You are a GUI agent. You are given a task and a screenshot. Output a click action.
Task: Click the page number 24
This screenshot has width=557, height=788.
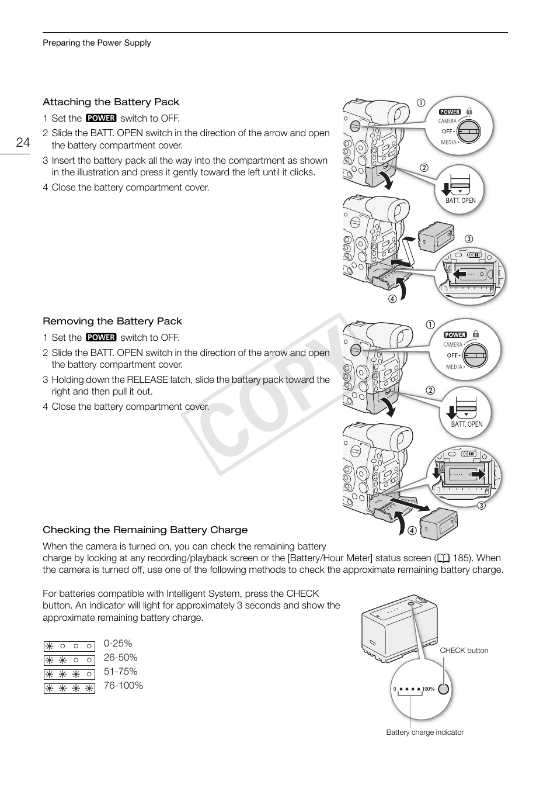23,143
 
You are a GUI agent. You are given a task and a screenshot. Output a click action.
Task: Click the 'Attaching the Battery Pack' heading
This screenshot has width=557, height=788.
111,102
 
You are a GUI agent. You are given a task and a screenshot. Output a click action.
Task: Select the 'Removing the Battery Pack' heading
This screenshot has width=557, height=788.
112,322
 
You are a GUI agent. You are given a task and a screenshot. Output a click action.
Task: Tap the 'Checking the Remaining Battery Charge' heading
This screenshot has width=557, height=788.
145,530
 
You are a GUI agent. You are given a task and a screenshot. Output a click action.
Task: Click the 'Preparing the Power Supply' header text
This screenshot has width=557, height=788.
96,43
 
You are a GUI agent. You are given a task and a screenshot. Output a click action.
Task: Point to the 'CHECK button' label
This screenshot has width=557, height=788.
464,651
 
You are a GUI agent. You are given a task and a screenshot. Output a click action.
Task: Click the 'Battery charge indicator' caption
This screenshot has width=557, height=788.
424,732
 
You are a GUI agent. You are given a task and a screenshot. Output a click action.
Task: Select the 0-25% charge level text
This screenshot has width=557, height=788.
118,644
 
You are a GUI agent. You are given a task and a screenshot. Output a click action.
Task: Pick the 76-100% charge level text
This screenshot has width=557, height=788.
123,686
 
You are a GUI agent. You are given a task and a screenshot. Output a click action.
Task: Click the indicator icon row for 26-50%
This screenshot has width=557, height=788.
69,661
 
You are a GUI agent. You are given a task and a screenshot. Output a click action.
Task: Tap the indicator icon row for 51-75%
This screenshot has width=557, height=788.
69,675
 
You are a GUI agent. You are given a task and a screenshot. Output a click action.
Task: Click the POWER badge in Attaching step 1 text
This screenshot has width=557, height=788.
101,118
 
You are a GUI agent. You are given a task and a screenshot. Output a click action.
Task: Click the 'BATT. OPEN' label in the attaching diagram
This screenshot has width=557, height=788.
461,201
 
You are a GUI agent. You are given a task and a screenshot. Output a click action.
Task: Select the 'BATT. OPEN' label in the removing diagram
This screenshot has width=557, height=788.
467,424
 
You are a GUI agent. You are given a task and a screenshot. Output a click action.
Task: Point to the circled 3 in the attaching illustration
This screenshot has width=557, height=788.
468,239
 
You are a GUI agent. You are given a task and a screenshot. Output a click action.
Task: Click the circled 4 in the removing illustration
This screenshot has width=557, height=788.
412,531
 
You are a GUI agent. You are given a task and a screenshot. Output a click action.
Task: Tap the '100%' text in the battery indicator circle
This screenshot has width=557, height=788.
428,689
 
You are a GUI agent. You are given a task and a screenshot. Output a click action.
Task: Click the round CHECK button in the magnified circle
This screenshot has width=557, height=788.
444,689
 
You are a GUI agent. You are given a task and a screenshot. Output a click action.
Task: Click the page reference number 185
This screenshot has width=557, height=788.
461,558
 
